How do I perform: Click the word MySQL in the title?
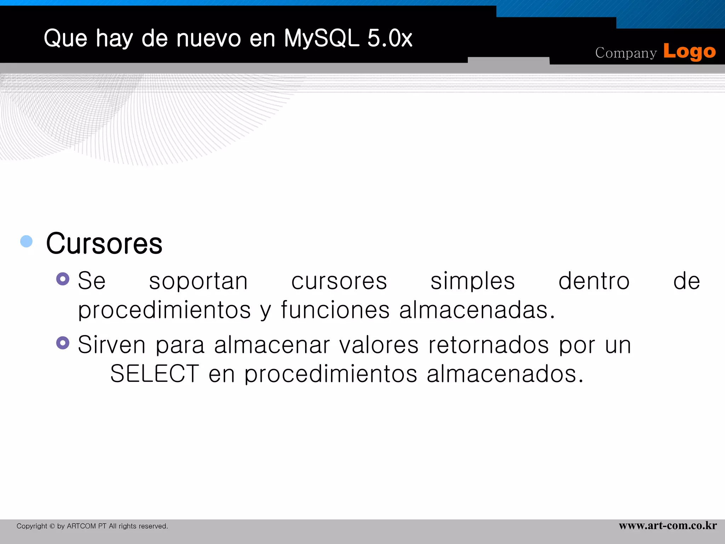pos(321,38)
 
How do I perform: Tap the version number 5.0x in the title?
pos(390,38)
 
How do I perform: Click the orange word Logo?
pos(689,52)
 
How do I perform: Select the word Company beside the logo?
pos(626,53)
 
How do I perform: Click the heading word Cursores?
pos(104,244)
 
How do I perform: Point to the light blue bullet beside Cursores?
pos(27,241)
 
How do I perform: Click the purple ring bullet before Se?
pos(63,279)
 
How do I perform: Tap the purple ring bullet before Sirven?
pos(63,343)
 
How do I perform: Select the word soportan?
pos(198,282)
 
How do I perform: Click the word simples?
pos(473,281)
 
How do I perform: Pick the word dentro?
pos(594,281)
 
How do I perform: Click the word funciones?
pos(335,310)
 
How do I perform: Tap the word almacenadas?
pos(477,310)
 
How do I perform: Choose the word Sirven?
pos(112,345)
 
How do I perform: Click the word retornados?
pos(489,345)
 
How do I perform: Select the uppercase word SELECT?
pos(155,374)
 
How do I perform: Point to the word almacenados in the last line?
pos(505,374)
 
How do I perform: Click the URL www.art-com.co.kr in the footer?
pos(668,526)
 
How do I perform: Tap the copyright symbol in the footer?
pos(52,526)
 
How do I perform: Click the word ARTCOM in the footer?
pos(81,526)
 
